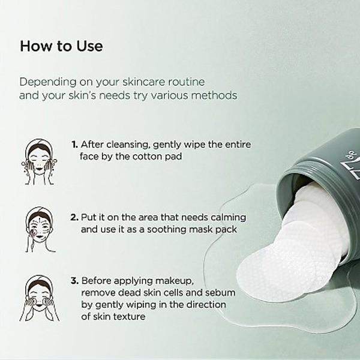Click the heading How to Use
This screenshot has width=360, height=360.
tap(61, 46)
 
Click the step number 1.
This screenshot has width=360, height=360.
tap(74, 145)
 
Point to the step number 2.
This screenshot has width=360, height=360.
tap(74, 217)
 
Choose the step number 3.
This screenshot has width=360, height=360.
tap(74, 281)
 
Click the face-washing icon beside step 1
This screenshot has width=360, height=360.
tap(39, 162)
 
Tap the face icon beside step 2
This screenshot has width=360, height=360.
tap(40, 229)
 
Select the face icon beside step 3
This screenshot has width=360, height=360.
tap(40, 298)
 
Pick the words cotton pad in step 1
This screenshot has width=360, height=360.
tap(157, 157)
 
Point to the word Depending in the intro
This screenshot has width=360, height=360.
tap(48, 82)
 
